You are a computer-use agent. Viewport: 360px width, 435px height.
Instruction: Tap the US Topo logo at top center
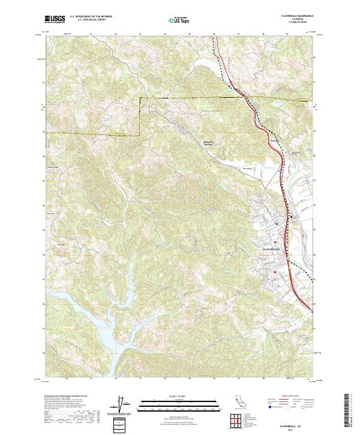(x=178, y=20)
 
